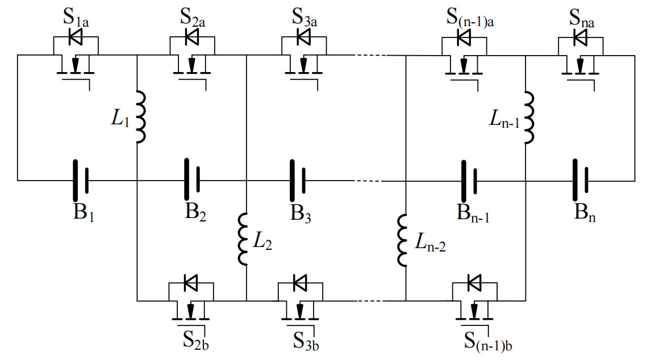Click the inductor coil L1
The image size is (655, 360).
[x=141, y=118]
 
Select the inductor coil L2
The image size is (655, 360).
[x=243, y=239]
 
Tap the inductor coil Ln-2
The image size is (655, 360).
[x=402, y=240]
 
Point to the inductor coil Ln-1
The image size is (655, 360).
[x=529, y=118]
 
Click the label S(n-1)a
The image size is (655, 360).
[x=470, y=18]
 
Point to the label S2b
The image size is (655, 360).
[x=195, y=340]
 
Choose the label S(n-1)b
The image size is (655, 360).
[x=488, y=342]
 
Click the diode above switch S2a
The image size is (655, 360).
[x=192, y=37]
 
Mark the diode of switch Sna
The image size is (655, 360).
[x=580, y=37]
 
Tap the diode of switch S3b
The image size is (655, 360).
[x=300, y=283]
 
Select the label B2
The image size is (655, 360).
[x=195, y=212]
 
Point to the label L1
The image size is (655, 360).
[x=120, y=119]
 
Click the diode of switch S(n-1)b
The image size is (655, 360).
[x=474, y=283]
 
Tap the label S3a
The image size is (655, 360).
[x=304, y=18]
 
